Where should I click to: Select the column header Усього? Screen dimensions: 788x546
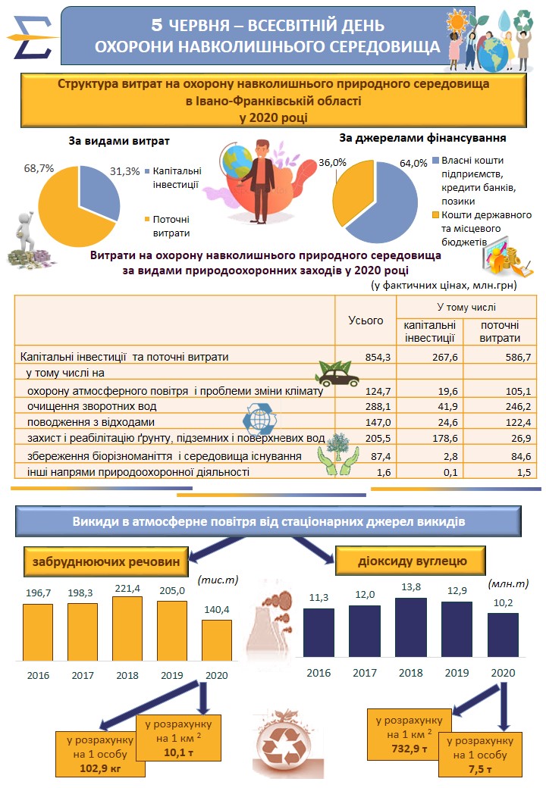point(366,321)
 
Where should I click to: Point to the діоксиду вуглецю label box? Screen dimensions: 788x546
point(411,561)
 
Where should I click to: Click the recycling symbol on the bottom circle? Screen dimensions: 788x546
point(287,746)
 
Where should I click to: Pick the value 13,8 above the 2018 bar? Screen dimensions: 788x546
point(410,587)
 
